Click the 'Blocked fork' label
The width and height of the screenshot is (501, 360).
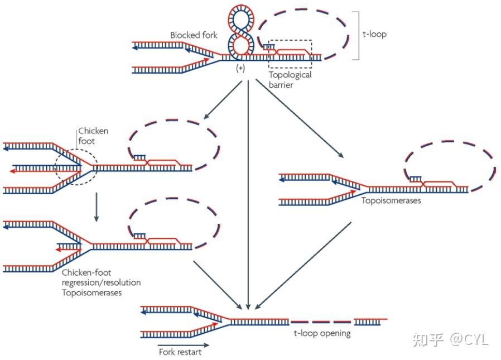pyautogui.click(x=194, y=35)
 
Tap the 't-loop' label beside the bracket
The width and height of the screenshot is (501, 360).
pyautogui.click(x=374, y=35)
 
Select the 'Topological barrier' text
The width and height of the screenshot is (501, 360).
pyautogui.click(x=290, y=80)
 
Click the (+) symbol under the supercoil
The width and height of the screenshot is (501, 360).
pyautogui.click(x=240, y=68)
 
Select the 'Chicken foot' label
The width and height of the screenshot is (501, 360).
pyautogui.click(x=93, y=136)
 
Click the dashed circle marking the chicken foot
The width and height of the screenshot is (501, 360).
pyautogui.click(x=77, y=167)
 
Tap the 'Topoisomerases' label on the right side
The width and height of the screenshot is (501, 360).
pyautogui.click(x=391, y=200)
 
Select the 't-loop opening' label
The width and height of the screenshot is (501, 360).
pyautogui.click(x=322, y=333)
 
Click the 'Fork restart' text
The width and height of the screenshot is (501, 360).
pyautogui.click(x=180, y=352)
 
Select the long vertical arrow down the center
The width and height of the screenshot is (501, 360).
pyautogui.click(x=248, y=195)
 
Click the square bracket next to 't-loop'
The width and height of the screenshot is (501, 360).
pyautogui.click(x=356, y=35)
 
